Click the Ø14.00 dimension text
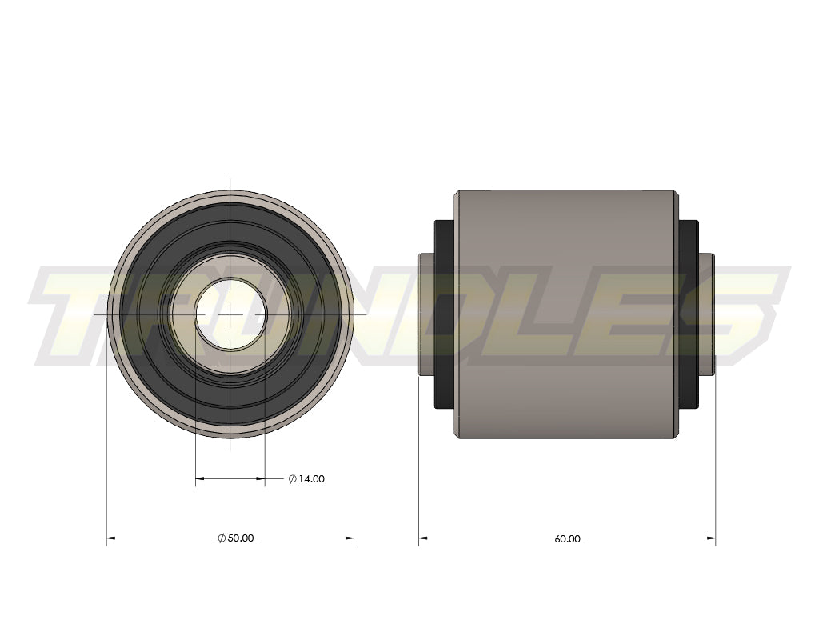(x=310, y=479)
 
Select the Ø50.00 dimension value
(x=240, y=538)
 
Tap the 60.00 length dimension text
(x=567, y=539)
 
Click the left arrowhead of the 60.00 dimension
(x=423, y=538)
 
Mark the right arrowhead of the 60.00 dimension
(x=711, y=538)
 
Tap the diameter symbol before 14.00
(x=293, y=479)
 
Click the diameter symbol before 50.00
(x=222, y=538)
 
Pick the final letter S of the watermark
(x=740, y=312)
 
